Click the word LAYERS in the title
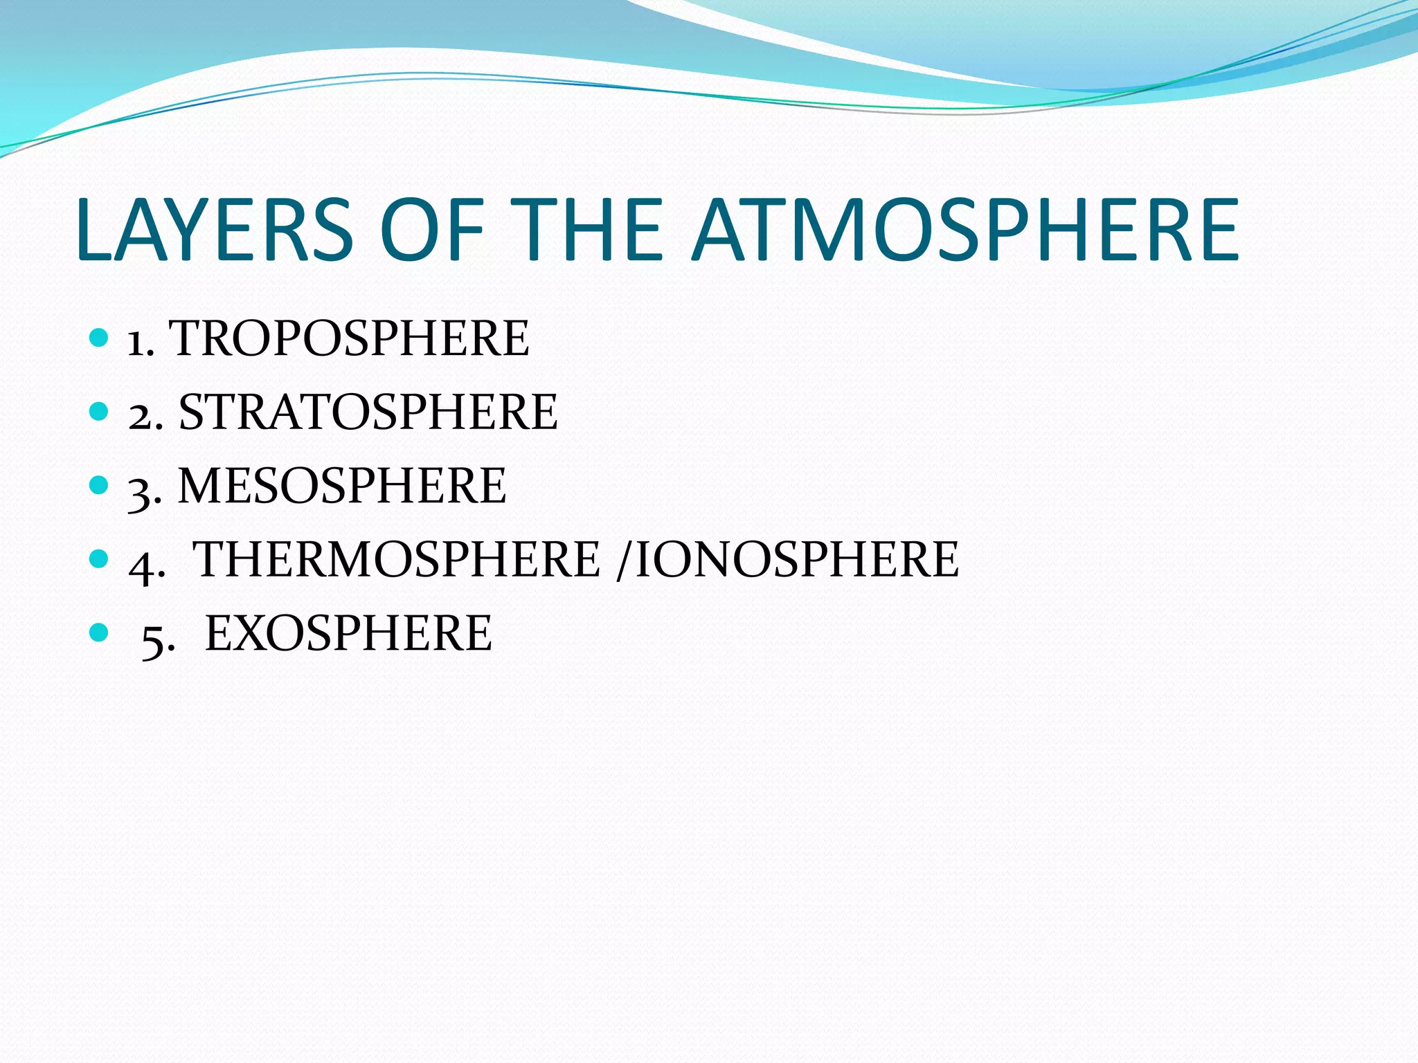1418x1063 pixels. tap(215, 230)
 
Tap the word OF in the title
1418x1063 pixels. tap(431, 230)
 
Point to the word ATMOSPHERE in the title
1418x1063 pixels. tap(965, 230)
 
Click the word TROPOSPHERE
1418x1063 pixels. tap(349, 338)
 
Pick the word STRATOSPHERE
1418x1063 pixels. tap(368, 412)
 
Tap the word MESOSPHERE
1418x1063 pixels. tap(342, 486)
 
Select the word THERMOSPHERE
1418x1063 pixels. tap(396, 559)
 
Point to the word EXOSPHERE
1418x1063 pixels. tap(348, 633)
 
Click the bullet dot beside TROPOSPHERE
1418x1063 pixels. tap(100, 338)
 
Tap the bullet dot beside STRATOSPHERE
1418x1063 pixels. tap(100, 412)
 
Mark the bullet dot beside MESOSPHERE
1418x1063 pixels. tap(100, 485)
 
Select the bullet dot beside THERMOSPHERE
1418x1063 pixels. tap(100, 558)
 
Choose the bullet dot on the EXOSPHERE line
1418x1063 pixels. tap(100, 632)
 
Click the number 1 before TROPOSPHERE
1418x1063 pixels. tap(136, 343)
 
